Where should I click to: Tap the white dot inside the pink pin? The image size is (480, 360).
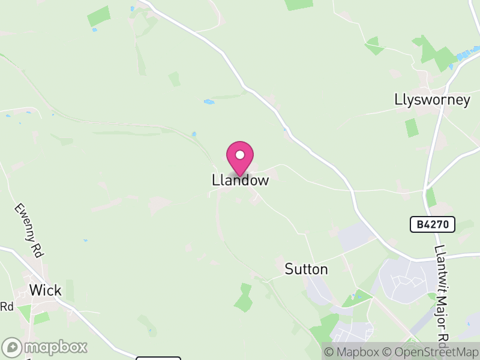pyautogui.click(x=240, y=155)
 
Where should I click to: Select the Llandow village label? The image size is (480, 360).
pyautogui.click(x=240, y=180)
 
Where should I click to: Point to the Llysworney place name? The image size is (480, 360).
pyautogui.click(x=432, y=100)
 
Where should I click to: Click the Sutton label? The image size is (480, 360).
pyautogui.click(x=306, y=269)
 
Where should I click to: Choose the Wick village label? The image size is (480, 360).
pyautogui.click(x=46, y=291)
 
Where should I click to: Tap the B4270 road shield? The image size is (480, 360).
pyautogui.click(x=433, y=225)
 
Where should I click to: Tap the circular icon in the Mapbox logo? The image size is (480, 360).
pyautogui.click(x=13, y=347)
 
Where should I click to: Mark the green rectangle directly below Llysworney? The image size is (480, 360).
pyautogui.click(x=411, y=127)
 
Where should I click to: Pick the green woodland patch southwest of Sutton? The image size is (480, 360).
pyautogui.click(x=243, y=298)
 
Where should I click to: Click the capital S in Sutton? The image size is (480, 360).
pyautogui.click(x=289, y=269)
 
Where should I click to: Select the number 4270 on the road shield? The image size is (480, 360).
pyautogui.click(x=438, y=225)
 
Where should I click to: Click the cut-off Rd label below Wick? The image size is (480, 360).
pyautogui.click(x=7, y=307)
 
